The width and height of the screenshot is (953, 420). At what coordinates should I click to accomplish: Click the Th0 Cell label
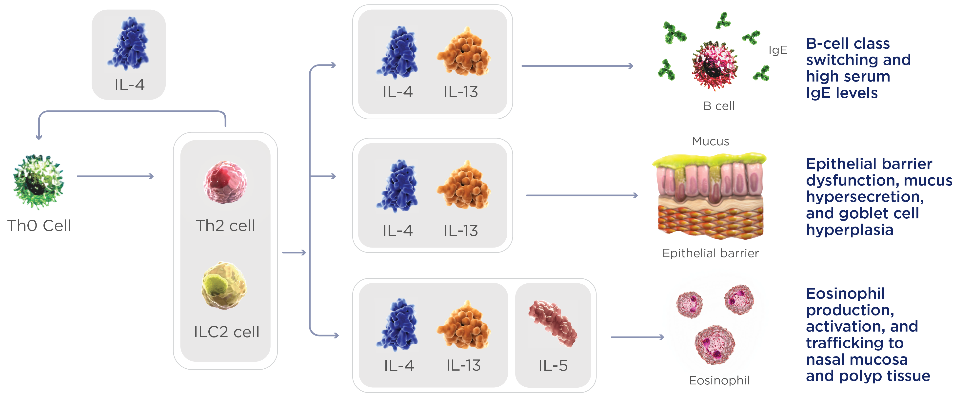pyautogui.click(x=39, y=225)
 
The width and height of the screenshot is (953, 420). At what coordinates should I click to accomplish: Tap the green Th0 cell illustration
pyautogui.click(x=39, y=181)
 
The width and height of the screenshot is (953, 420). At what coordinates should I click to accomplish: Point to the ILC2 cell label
pyautogui.click(x=226, y=332)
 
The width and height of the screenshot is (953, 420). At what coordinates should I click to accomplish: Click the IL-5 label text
pyautogui.click(x=553, y=366)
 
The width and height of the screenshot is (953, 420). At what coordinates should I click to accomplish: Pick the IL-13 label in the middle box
pyautogui.click(x=461, y=231)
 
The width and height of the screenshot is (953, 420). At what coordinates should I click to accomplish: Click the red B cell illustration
pyautogui.click(x=715, y=65)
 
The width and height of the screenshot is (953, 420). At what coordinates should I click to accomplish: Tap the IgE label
pyautogui.click(x=778, y=50)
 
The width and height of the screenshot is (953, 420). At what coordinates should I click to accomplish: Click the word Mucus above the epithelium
pyautogui.click(x=710, y=141)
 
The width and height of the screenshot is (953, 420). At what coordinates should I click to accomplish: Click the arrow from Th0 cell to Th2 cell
pyautogui.click(x=115, y=176)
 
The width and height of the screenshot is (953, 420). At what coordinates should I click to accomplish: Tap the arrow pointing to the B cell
pyautogui.click(x=577, y=66)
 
